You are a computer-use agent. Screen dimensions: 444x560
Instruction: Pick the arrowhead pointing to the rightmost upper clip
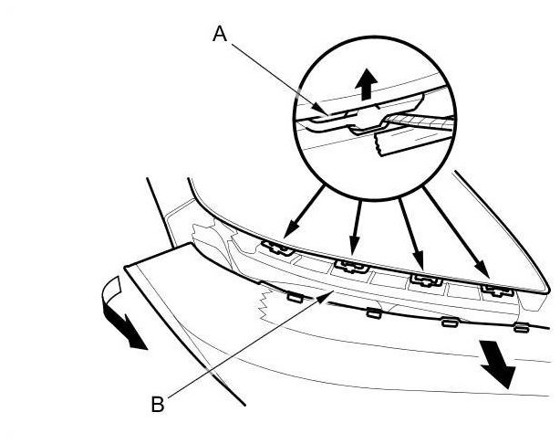tap(484, 272)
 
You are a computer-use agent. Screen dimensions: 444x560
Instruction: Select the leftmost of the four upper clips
tap(275, 247)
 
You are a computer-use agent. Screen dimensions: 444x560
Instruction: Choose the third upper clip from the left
tap(422, 280)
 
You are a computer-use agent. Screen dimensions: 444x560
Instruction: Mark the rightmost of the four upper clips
tap(497, 291)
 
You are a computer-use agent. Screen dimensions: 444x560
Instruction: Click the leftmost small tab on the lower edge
tap(294, 297)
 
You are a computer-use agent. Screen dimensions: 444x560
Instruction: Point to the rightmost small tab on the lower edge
tap(521, 327)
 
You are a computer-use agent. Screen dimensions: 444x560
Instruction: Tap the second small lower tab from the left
tap(373, 312)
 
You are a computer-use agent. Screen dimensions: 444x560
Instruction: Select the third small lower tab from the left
tap(449, 322)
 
